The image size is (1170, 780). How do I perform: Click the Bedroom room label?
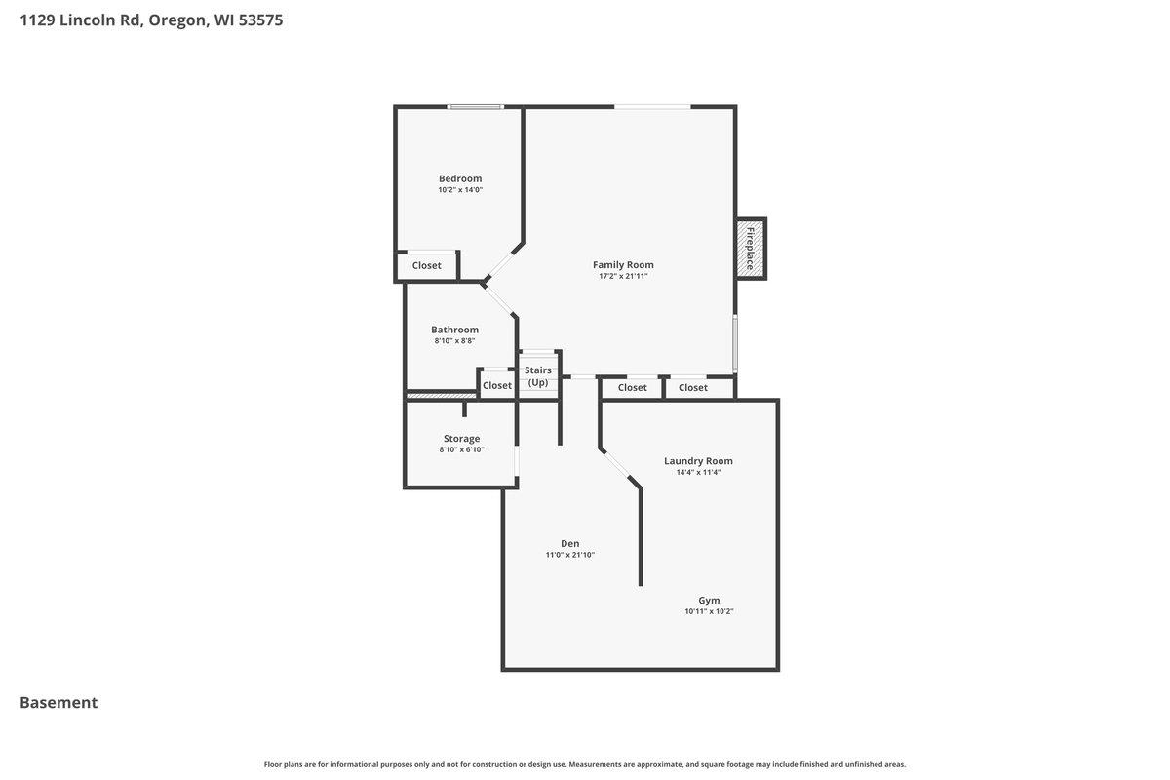tap(460, 178)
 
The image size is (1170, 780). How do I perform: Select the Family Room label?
tap(623, 264)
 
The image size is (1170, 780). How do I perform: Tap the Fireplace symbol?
tap(751, 249)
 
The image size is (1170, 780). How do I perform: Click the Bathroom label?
tap(454, 330)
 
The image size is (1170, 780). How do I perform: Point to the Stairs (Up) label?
tap(538, 376)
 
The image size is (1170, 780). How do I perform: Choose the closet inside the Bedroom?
tap(426, 265)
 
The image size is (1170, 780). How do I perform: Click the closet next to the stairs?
tap(497, 385)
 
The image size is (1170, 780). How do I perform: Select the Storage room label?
tap(461, 439)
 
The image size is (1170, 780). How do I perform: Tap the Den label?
tap(570, 543)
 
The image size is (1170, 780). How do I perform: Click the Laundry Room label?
tap(698, 461)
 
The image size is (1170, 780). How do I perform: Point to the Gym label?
tap(709, 600)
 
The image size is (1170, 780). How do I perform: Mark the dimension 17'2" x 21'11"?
tap(623, 276)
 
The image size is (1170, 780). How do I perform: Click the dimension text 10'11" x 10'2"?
tap(709, 612)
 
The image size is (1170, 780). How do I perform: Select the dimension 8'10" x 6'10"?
tap(461, 450)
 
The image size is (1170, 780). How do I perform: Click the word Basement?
tap(58, 702)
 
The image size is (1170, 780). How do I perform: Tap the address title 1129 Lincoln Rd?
tap(151, 19)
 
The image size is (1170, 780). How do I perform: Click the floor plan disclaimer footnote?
tap(585, 764)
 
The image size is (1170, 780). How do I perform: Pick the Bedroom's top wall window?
tap(475, 107)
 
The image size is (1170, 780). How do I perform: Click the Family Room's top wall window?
tap(652, 107)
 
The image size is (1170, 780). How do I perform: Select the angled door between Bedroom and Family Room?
tap(504, 262)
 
